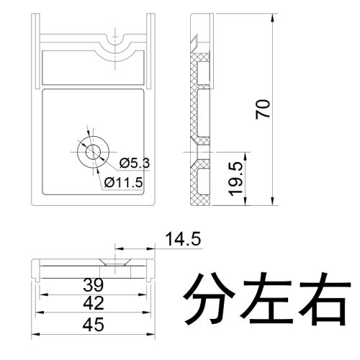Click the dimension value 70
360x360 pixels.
[263, 109]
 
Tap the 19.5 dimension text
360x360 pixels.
[236, 179]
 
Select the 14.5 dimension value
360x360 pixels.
[183, 239]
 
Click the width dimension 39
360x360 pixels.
[94, 284]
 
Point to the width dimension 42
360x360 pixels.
[94, 303]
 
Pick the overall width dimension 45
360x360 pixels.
[94, 325]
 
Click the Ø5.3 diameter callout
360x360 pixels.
[135, 163]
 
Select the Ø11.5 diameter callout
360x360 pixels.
[123, 183]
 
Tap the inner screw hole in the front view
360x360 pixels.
[93, 152]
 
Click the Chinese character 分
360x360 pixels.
[209, 299]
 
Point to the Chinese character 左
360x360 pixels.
[266, 299]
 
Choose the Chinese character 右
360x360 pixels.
[323, 299]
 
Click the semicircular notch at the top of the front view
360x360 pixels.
[115, 42]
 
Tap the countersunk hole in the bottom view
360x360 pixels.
[115, 262]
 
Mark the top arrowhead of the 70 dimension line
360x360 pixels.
[272, 18]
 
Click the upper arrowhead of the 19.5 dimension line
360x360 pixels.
[245, 156]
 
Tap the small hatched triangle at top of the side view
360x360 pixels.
[194, 40]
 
